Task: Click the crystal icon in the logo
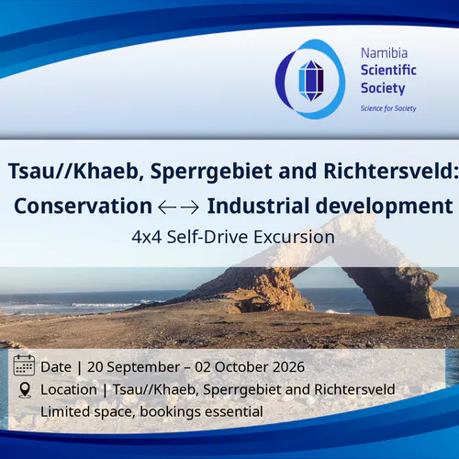(311, 81)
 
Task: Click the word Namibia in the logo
(384, 53)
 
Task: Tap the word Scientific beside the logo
(388, 70)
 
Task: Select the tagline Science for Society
(388, 108)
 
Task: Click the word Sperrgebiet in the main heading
(211, 171)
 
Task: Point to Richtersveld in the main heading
(391, 171)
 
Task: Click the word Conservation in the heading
(83, 206)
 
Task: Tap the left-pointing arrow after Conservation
(167, 207)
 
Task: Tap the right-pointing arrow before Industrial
(190, 207)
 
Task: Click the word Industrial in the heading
(258, 206)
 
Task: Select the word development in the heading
(384, 207)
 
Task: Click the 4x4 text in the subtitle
(147, 237)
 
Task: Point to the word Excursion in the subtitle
(294, 237)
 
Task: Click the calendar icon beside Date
(24, 365)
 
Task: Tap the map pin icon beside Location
(25, 390)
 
